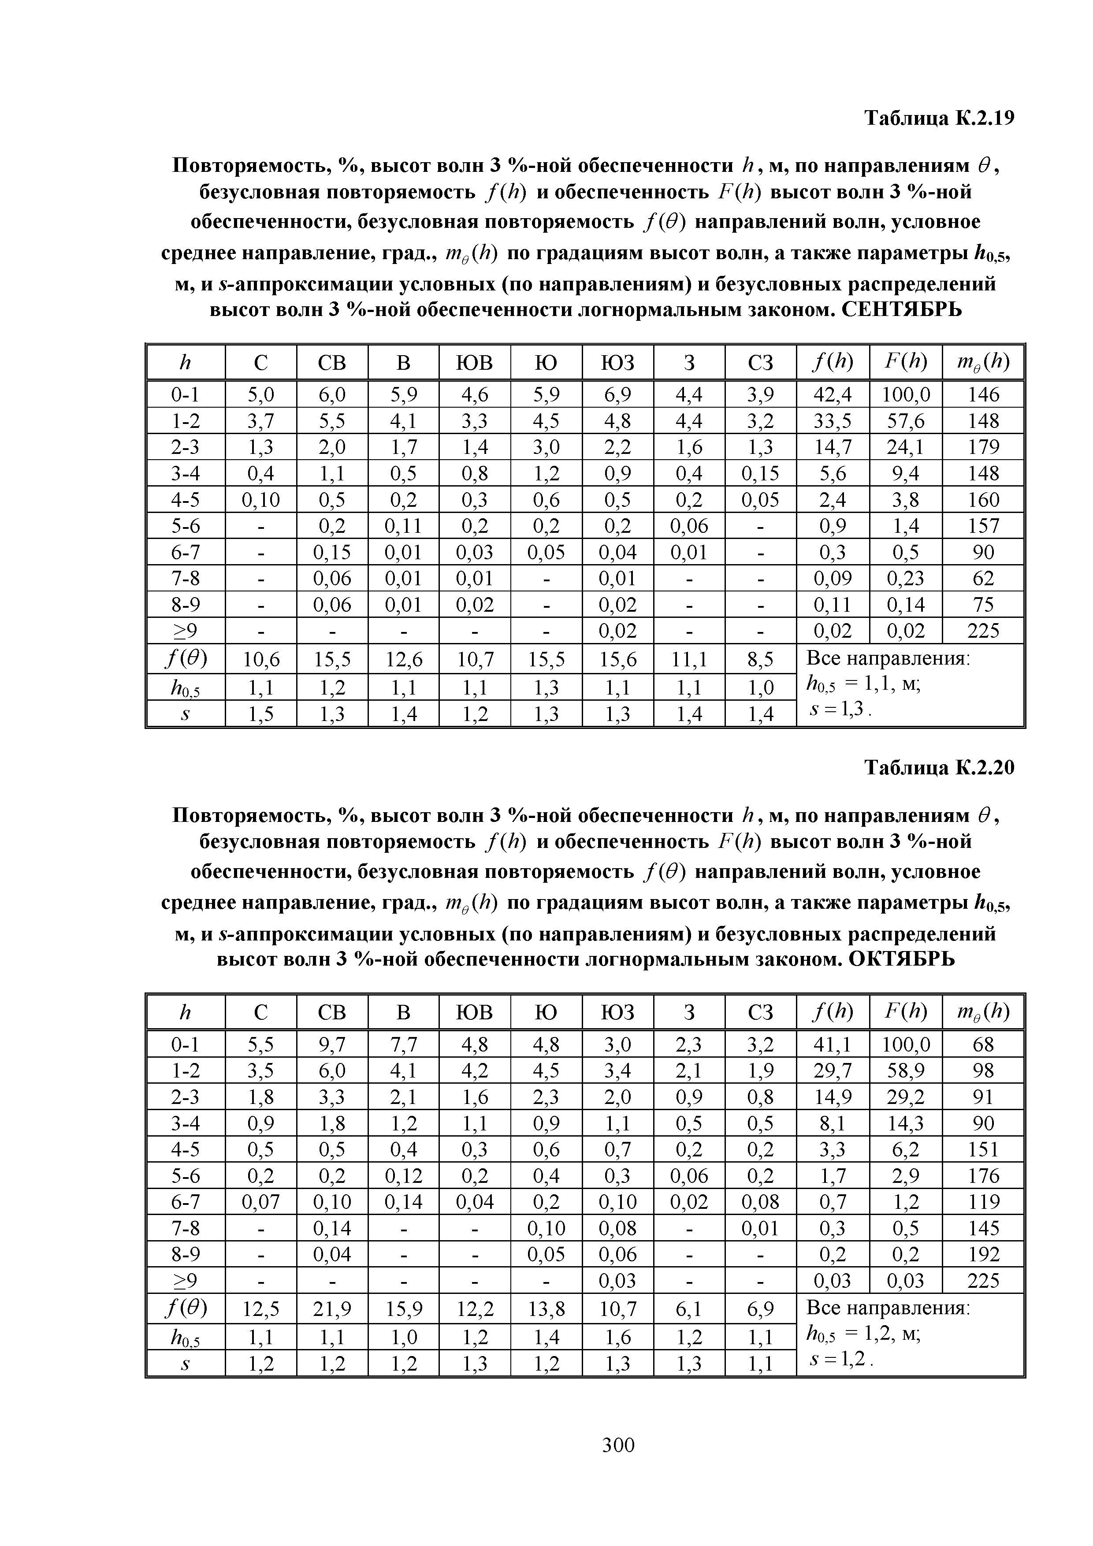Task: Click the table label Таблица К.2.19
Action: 939,119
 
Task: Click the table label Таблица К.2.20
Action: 939,768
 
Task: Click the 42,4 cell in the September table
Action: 833,394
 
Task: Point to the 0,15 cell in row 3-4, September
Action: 760,473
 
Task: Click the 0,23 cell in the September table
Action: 905,578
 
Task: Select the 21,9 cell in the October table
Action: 332,1308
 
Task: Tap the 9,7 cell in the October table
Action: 332,1044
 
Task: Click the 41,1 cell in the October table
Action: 833,1044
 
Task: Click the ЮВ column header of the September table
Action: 474,363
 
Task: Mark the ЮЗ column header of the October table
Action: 617,1013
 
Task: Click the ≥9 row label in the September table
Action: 185,631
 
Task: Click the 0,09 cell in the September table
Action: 833,578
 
